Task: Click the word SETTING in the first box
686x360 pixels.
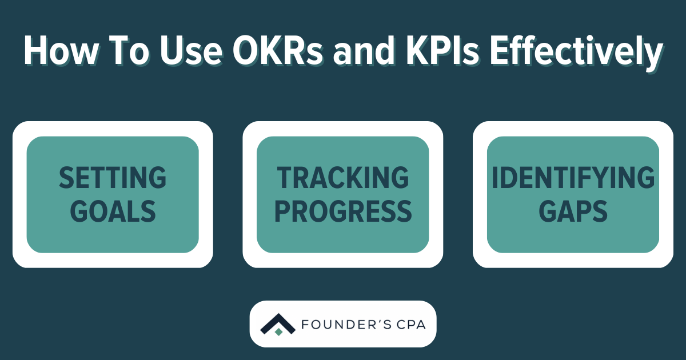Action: (113, 178)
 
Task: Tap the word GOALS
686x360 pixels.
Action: (113, 211)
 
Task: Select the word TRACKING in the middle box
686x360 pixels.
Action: (343, 178)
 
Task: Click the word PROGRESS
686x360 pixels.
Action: (343, 211)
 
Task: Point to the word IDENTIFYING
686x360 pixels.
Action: (573, 178)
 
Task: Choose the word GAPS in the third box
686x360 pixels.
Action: (573, 211)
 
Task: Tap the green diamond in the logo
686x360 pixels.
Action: (278, 331)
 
